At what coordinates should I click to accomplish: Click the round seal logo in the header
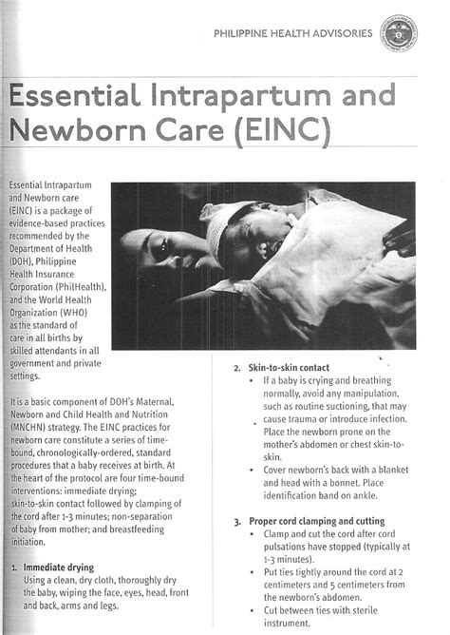(401, 34)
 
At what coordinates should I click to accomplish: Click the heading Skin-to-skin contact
(289, 367)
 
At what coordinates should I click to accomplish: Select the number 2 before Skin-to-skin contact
(236, 368)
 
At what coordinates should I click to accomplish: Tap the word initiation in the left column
(28, 542)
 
